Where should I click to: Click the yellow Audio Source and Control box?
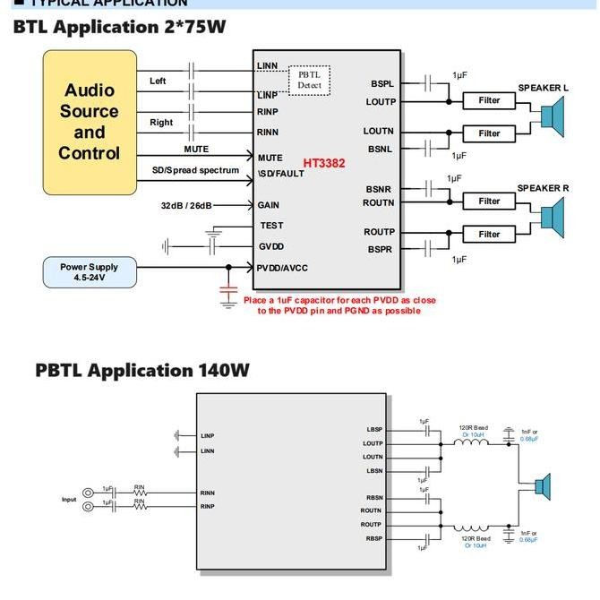tap(90, 122)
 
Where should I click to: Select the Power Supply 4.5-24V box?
tap(90, 272)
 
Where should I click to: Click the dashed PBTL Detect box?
tap(309, 81)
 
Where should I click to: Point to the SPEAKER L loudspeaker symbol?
tap(552, 116)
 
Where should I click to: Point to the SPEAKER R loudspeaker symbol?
tap(552, 218)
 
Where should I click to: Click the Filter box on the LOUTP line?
tap(489, 101)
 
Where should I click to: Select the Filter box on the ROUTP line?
tap(489, 235)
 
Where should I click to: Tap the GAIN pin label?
tap(269, 205)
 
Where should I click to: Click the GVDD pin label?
tap(271, 246)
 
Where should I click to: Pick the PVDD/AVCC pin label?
tap(282, 267)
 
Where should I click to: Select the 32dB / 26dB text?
tap(186, 206)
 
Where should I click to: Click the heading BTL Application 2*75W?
tap(119, 27)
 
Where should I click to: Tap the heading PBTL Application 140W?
tap(142, 370)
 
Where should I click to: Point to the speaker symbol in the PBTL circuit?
tap(542, 487)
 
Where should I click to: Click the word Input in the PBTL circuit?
tap(69, 500)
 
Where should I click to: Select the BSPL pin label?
tap(382, 83)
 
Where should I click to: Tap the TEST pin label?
tap(271, 226)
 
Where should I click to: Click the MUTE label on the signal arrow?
tap(196, 150)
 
